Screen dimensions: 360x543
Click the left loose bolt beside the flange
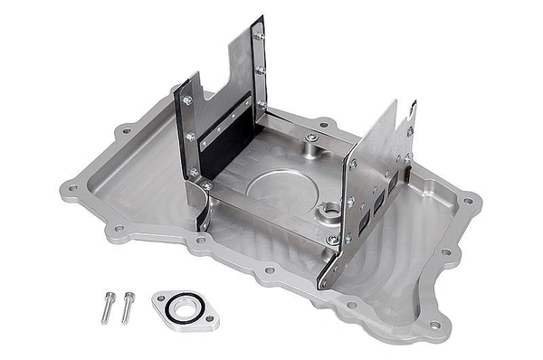click(106, 307)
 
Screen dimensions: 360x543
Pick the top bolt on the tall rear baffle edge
click(260, 36)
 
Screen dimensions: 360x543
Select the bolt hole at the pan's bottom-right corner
click(434, 324)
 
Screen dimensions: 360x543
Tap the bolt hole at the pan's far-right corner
click(467, 201)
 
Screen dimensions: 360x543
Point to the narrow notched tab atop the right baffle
click(413, 113)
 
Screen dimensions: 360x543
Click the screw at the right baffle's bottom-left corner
click(332, 239)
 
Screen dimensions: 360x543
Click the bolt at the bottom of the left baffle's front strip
click(194, 172)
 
